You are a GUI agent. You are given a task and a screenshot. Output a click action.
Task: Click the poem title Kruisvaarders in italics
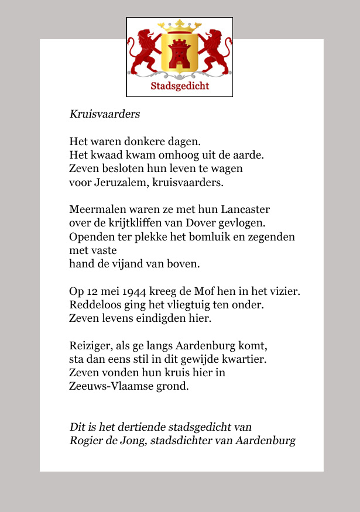[x=105, y=114]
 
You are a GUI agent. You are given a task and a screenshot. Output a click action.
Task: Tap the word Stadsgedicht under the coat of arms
[x=180, y=87]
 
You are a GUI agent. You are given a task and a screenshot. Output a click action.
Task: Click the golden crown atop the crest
[x=180, y=26]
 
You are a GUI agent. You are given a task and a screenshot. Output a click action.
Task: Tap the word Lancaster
[x=245, y=209]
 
